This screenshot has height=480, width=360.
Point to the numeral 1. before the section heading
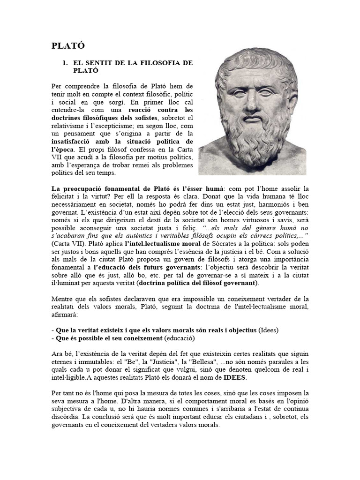(x=66, y=62)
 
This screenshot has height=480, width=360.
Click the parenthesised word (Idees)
(x=269, y=330)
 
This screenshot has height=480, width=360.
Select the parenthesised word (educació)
(x=178, y=338)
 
